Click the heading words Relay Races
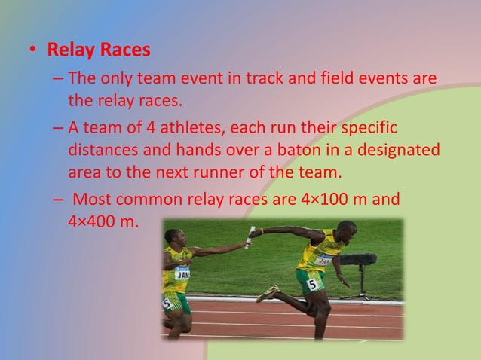pos(99,51)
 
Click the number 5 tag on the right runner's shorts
pos(311,284)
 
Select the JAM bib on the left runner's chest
pos(182,273)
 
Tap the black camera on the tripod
pos(358,259)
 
